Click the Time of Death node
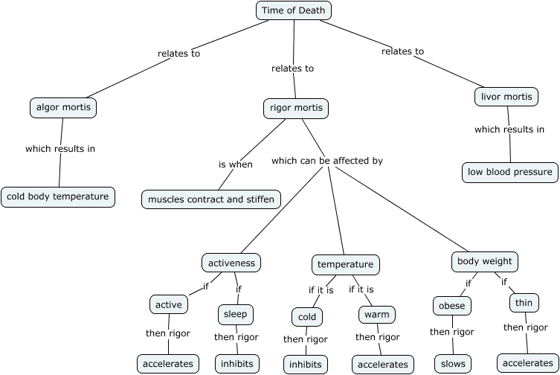294,10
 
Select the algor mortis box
64,108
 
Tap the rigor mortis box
295,109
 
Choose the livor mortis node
506,97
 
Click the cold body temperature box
58,197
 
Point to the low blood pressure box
510,173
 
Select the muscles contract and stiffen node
211,199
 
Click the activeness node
231,263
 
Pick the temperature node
345,265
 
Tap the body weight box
485,262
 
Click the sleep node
235,315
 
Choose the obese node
451,306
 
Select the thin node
524,303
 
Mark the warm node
376,315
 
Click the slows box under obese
453,364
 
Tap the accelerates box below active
168,364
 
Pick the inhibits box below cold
305,365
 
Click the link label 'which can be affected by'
327,161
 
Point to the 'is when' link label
235,164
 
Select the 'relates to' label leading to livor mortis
402,51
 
